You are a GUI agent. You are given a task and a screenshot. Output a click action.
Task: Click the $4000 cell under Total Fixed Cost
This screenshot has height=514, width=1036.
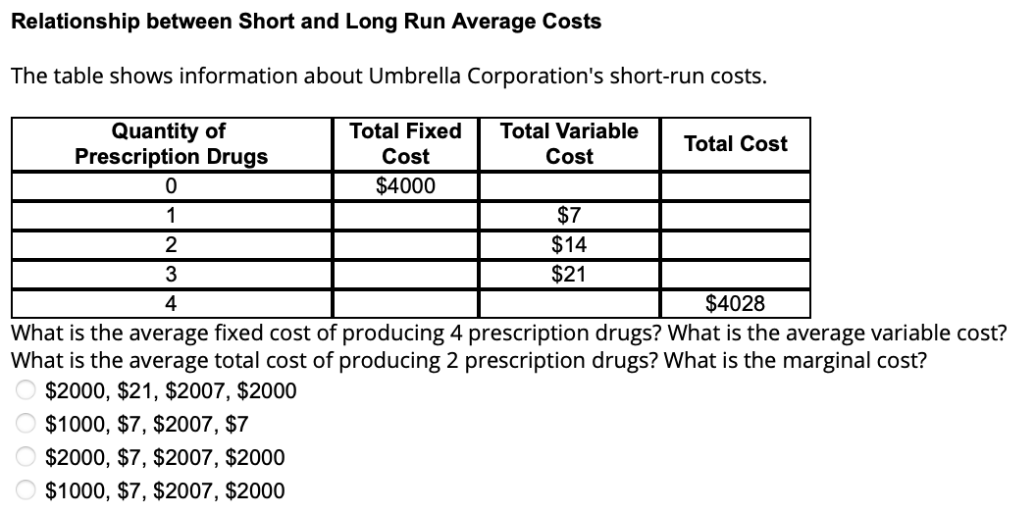[x=405, y=186]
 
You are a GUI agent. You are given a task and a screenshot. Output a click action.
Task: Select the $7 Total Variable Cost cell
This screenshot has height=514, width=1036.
[x=569, y=216]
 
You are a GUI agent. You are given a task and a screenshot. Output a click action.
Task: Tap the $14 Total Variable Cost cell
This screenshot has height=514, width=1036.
[x=569, y=245]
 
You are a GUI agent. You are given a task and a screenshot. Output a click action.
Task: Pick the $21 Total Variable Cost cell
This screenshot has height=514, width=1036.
[x=569, y=275]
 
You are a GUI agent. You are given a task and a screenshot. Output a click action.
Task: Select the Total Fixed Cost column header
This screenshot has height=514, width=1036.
[x=405, y=143]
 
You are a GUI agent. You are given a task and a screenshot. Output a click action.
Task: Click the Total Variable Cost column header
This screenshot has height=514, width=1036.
[x=569, y=143]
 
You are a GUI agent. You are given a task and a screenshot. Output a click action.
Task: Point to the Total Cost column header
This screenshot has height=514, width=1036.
[x=735, y=144]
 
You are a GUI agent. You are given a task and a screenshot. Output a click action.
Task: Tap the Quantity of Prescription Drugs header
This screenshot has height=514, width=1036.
[x=171, y=143]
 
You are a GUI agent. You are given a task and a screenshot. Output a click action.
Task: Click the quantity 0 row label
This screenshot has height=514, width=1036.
[x=171, y=186]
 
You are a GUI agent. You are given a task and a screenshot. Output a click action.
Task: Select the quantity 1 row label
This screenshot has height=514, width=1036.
[x=171, y=216]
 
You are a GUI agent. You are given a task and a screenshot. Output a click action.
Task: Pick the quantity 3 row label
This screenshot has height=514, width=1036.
[x=171, y=275]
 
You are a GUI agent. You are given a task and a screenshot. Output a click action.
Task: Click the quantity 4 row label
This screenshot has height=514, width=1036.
[x=171, y=304]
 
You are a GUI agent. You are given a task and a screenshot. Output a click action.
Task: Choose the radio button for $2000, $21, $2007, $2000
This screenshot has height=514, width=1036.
[x=24, y=391]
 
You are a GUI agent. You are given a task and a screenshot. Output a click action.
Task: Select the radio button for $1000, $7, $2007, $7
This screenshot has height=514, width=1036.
[x=24, y=425]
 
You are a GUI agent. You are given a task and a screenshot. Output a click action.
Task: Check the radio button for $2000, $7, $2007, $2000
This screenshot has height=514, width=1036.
[x=24, y=458]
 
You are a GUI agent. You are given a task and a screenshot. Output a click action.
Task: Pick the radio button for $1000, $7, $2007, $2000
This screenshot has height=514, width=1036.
[x=24, y=490]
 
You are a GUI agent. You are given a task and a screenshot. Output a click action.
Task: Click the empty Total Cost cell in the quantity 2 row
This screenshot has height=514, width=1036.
[x=735, y=245]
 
